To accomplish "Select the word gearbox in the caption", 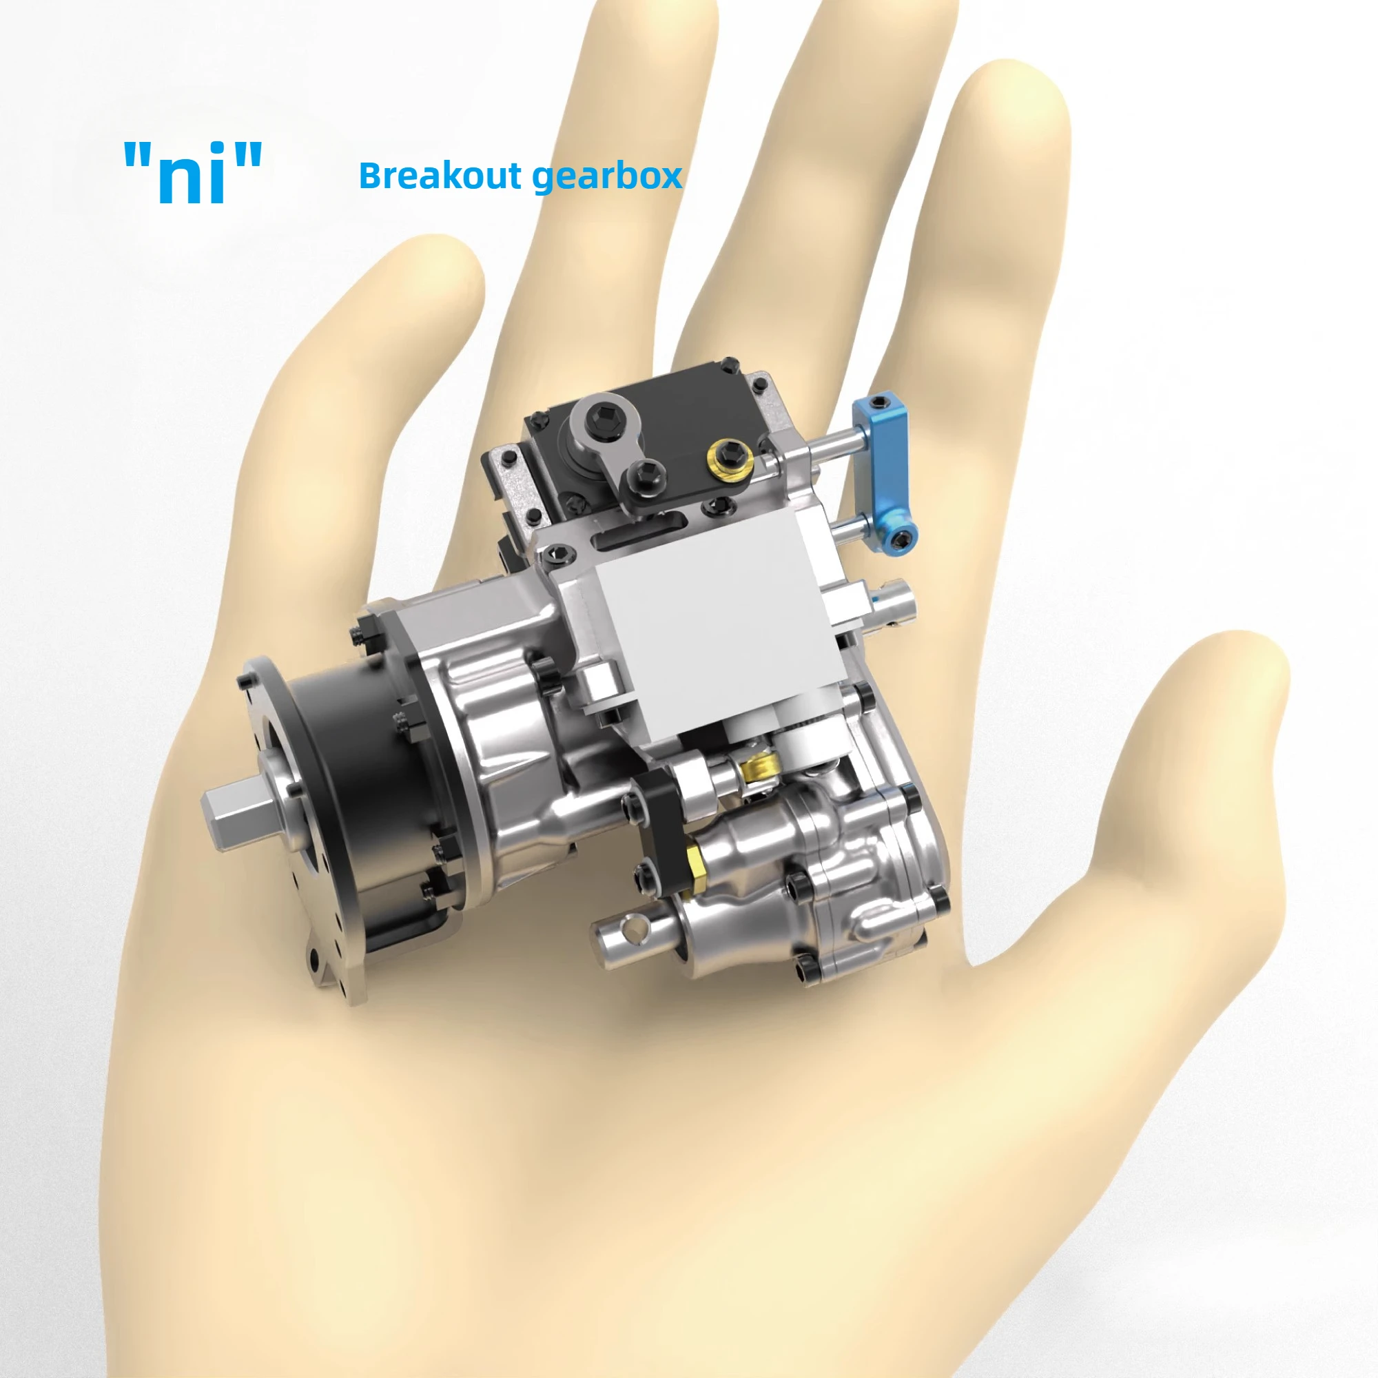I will coord(608,177).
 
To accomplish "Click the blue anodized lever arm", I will coord(885,471).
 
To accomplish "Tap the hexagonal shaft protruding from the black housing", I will coord(243,807).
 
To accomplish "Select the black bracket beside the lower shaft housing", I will coord(660,827).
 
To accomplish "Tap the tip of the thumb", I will coord(1234,664).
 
